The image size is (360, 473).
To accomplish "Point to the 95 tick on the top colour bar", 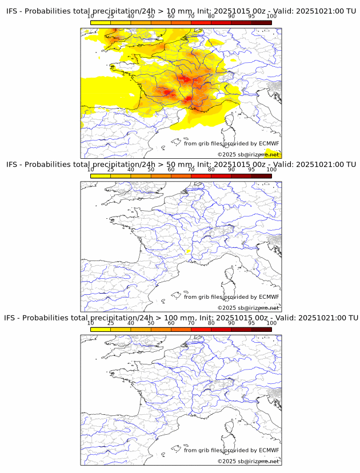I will (251, 16).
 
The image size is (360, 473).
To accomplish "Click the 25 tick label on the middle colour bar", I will (111, 169).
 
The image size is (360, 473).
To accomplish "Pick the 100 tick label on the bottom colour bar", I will (271, 323).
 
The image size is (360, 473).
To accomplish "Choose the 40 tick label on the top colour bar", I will (131, 16).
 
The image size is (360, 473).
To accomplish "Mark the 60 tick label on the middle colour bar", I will (171, 169).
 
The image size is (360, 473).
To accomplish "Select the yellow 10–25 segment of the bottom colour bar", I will (101, 329).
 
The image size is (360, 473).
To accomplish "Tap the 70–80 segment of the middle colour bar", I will (201, 175).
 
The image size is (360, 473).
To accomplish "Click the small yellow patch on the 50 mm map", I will (187, 251).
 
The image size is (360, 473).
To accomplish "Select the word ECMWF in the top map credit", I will (269, 143).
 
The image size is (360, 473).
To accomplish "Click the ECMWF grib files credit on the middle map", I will (231, 297).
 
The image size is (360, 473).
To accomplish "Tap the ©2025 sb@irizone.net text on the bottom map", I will (249, 461).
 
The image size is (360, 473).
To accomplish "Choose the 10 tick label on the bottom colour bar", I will (91, 323).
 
